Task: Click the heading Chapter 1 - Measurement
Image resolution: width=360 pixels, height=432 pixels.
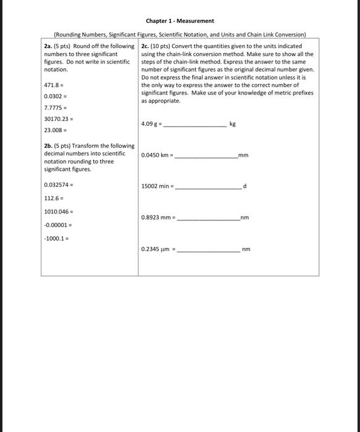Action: pos(180,20)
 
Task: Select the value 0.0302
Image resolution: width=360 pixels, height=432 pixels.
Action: pos(53,96)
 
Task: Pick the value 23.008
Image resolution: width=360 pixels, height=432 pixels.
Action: pos(53,130)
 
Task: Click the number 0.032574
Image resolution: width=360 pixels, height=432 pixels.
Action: pos(57,185)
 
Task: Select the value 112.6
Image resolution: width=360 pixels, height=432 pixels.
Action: pos(52,198)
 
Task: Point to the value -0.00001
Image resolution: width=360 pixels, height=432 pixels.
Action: pos(56,225)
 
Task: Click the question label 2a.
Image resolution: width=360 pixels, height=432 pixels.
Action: pos(49,46)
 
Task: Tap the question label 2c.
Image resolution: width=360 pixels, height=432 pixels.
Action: pos(146,46)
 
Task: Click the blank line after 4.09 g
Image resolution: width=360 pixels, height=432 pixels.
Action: pos(195,125)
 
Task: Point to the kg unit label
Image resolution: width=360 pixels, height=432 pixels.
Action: pos(232,124)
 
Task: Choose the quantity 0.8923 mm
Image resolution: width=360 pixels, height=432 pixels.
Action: pos(156,217)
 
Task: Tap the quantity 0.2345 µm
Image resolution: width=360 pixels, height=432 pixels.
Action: pos(156,249)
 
